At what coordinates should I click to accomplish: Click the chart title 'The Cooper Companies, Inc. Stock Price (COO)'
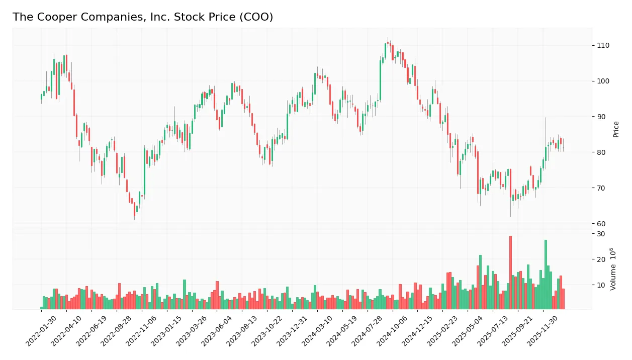143,17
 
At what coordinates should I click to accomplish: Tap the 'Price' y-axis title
616,129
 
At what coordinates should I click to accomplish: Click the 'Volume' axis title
613,269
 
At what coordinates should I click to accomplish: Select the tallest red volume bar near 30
510,272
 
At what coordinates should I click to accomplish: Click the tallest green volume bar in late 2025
546,274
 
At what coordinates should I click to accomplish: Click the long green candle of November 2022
145,171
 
